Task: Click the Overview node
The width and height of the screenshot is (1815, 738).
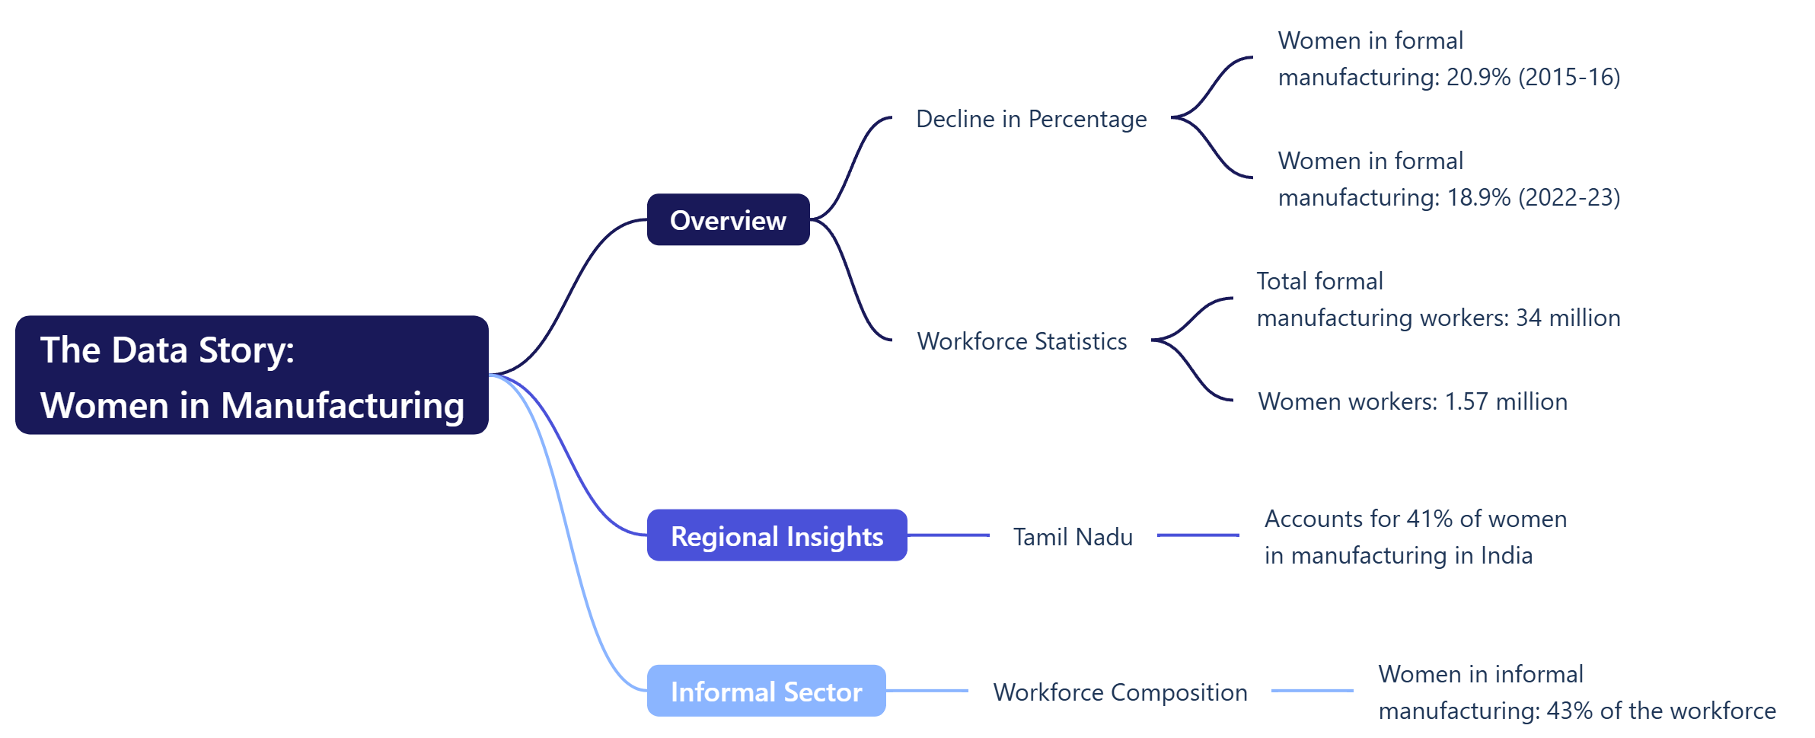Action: click(x=728, y=220)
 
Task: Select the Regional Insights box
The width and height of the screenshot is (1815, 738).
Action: click(x=777, y=536)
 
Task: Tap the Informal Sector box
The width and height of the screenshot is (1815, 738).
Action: click(x=766, y=692)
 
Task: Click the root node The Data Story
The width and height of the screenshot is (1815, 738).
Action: click(x=251, y=375)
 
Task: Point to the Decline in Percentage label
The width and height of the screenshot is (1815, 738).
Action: click(x=1031, y=120)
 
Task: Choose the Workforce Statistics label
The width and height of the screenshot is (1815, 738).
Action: click(x=1022, y=341)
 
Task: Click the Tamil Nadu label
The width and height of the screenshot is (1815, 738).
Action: click(x=1073, y=537)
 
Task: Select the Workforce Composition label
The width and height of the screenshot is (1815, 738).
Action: click(x=1120, y=692)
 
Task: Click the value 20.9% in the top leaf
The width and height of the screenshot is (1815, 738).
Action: click(x=1478, y=78)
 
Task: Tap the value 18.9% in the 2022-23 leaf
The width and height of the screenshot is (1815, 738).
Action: click(x=1478, y=198)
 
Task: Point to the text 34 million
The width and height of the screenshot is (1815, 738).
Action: click(x=1568, y=318)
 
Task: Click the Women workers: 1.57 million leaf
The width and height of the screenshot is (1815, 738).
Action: click(x=1412, y=401)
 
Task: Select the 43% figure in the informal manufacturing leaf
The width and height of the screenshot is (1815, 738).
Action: click(x=1569, y=711)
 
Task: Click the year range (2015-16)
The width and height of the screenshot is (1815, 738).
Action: click(x=1569, y=78)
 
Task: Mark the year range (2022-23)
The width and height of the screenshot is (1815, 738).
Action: click(x=1569, y=198)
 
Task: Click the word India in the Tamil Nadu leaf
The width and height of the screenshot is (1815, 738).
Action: click(x=1506, y=556)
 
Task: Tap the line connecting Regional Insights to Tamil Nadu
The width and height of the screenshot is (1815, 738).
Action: click(x=948, y=535)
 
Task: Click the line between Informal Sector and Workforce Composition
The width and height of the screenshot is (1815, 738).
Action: click(x=927, y=691)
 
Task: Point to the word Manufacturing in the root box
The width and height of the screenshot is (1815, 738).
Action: click(x=343, y=405)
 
